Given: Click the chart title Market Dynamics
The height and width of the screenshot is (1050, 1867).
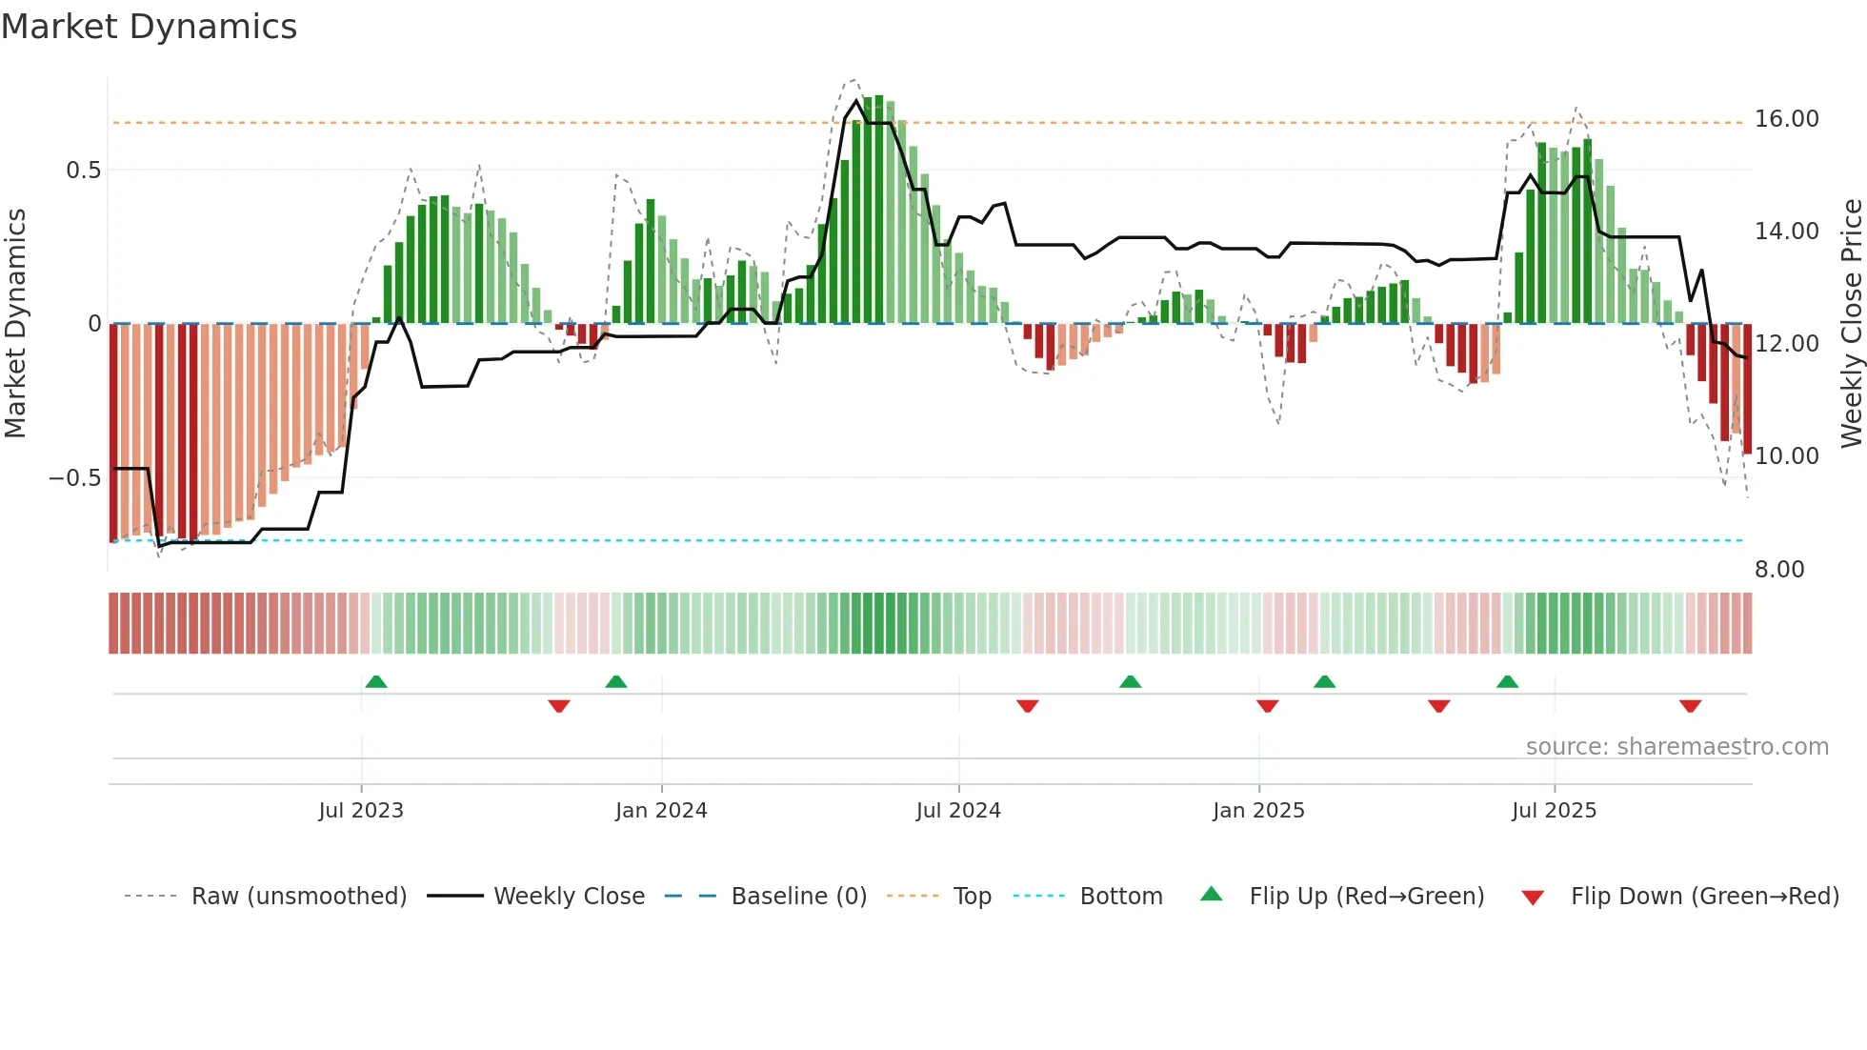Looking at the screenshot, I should (149, 27).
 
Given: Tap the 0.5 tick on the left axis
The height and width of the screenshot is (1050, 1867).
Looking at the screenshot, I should (83, 171).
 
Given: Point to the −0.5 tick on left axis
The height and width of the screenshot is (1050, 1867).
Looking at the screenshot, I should (74, 478).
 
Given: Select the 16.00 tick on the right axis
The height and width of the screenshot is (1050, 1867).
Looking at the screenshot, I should (1786, 119).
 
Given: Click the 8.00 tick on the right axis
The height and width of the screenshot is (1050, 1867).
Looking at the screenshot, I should (1778, 570).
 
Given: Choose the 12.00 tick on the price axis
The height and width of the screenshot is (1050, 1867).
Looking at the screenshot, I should (1786, 344).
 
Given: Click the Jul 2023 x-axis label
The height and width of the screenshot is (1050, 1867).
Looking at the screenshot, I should (361, 811).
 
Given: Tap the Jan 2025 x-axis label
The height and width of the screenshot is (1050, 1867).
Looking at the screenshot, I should (1258, 811).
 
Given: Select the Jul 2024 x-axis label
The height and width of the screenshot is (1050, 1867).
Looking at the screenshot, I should (958, 811).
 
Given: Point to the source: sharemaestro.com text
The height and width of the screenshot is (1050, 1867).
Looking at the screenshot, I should (1676, 747).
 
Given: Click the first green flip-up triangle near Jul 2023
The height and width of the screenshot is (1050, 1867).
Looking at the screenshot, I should (376, 682).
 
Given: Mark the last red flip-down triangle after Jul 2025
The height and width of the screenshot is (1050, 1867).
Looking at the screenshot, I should (1690, 706).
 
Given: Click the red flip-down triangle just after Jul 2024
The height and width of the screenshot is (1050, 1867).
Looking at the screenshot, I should (1027, 706).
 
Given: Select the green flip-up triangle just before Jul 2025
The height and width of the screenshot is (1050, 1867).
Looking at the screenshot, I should (1507, 682).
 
